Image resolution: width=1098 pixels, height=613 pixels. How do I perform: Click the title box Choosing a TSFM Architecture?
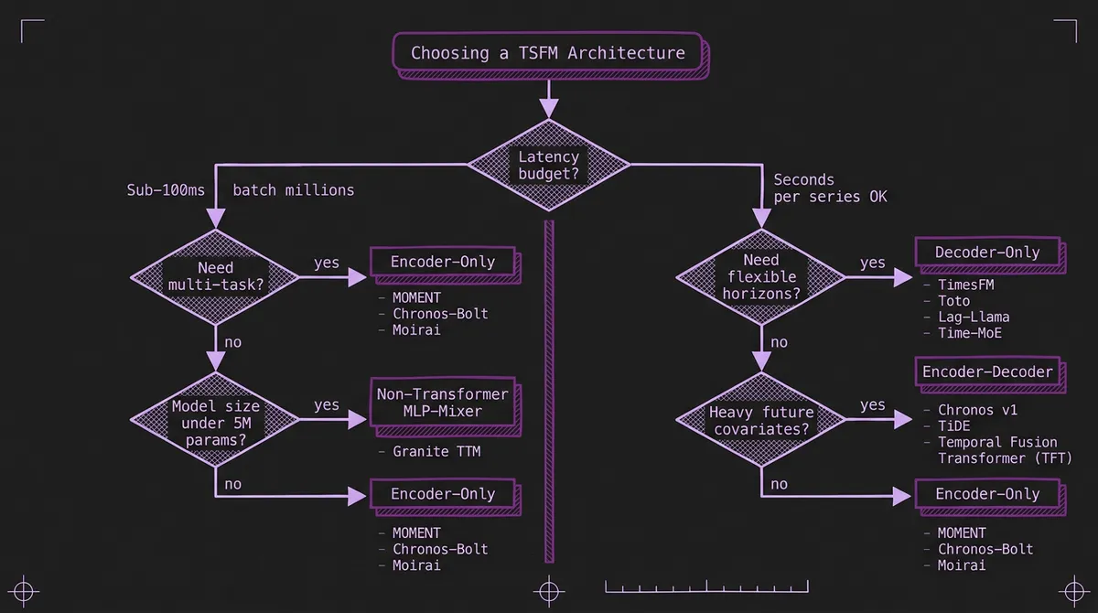(x=548, y=53)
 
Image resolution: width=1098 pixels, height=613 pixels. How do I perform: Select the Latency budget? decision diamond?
(x=548, y=165)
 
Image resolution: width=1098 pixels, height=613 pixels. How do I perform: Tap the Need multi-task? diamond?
(x=215, y=277)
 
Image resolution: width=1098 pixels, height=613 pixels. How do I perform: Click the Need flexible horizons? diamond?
(x=760, y=277)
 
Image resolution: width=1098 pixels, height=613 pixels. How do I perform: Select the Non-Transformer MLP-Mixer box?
(x=442, y=403)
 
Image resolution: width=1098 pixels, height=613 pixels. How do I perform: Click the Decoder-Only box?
(x=987, y=253)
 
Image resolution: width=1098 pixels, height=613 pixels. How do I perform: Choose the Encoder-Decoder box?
(x=987, y=371)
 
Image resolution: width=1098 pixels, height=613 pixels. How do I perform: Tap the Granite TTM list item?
(x=436, y=451)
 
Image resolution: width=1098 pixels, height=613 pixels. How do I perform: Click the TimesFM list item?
(x=965, y=285)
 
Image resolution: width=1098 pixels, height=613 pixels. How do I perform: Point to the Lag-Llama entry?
(x=974, y=317)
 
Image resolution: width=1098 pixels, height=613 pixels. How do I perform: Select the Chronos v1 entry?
(x=977, y=410)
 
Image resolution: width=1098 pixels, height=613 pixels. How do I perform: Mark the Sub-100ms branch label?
(x=166, y=190)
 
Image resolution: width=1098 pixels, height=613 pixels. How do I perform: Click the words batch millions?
(x=293, y=190)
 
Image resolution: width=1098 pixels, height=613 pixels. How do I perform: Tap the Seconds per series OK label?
(x=830, y=188)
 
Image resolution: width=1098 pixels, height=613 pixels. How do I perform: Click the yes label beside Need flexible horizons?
(x=872, y=263)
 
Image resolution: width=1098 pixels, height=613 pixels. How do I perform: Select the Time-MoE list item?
(x=970, y=334)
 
